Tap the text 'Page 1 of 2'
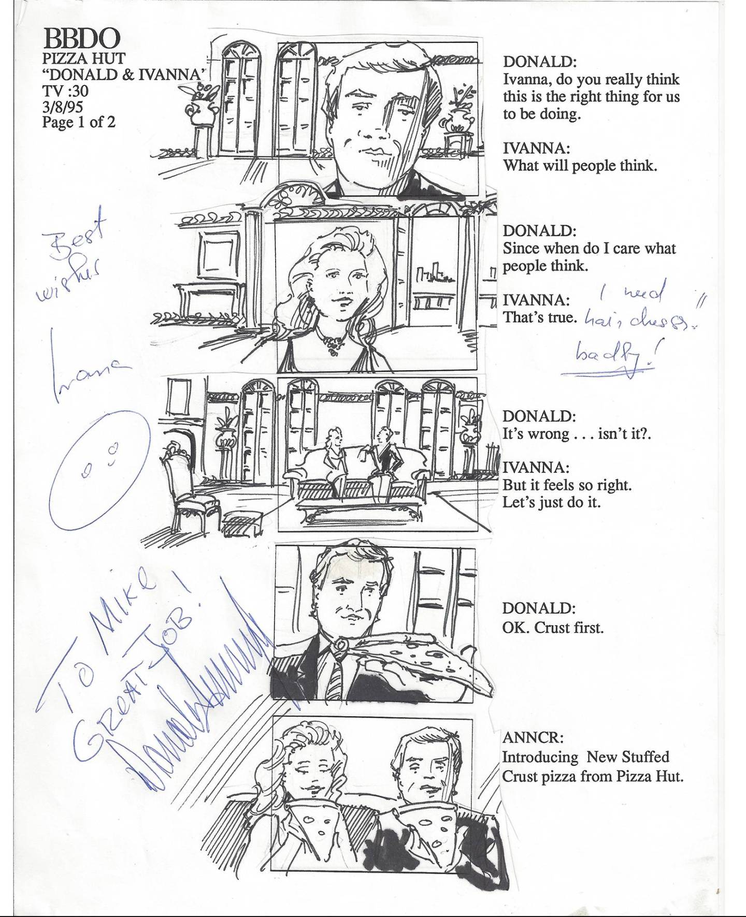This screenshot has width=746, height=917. [78, 122]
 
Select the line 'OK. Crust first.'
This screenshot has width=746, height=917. [553, 628]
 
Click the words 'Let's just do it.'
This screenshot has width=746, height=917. [551, 502]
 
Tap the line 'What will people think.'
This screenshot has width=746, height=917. [580, 166]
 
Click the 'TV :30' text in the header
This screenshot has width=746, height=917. [65, 91]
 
